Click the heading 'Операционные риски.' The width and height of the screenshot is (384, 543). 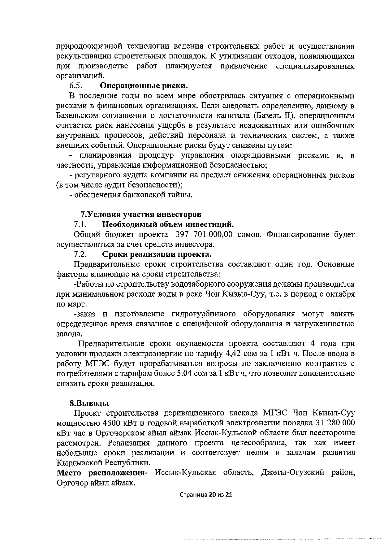pyautogui.click(x=144, y=85)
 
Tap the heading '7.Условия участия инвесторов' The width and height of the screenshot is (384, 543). pyautogui.click(x=140, y=214)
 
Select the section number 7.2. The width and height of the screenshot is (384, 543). pyautogui.click(x=80, y=254)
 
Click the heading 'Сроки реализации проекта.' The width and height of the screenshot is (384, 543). pyautogui.click(x=157, y=254)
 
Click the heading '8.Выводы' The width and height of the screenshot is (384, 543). pyautogui.click(x=89, y=403)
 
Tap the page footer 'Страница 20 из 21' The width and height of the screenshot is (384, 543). pyautogui.click(x=206, y=494)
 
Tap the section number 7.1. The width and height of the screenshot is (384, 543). pyautogui.click(x=80, y=224)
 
